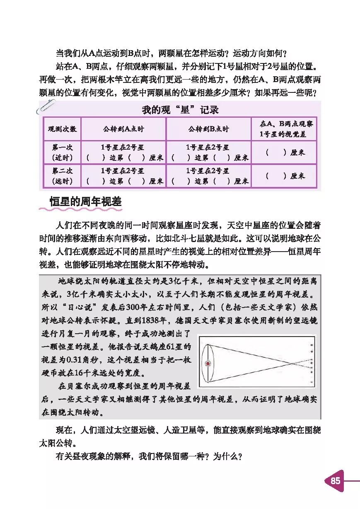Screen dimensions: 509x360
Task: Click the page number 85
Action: (335, 481)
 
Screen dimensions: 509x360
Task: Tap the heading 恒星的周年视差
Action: (85, 202)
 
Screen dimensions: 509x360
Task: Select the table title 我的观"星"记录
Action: (180, 110)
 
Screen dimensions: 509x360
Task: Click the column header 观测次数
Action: (62, 129)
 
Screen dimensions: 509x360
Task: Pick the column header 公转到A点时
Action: (123, 129)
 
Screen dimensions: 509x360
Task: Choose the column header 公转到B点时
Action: (208, 129)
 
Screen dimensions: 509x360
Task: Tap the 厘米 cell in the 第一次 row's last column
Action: (284, 152)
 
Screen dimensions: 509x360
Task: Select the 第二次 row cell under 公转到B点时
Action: (208, 176)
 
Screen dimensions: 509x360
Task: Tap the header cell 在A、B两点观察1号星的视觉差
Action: (284, 129)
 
